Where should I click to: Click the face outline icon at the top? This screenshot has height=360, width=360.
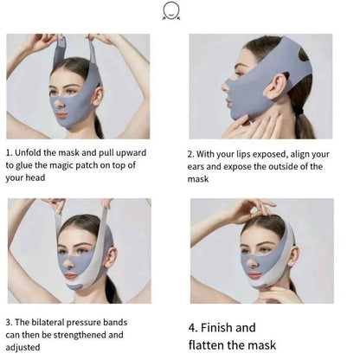point(171,11)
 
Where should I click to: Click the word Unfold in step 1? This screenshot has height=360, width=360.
point(28,152)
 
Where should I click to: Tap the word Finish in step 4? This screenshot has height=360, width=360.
point(216,328)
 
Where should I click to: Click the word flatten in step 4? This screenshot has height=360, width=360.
point(206,345)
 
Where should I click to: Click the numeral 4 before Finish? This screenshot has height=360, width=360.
point(192,328)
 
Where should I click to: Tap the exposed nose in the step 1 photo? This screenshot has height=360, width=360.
point(60,104)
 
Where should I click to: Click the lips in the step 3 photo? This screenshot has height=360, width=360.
point(71,275)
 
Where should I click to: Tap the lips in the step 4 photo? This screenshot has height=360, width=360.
point(254,275)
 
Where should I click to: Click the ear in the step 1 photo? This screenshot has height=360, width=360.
point(98,96)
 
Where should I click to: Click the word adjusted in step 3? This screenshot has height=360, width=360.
point(22,347)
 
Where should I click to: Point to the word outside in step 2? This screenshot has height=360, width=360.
point(281,167)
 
